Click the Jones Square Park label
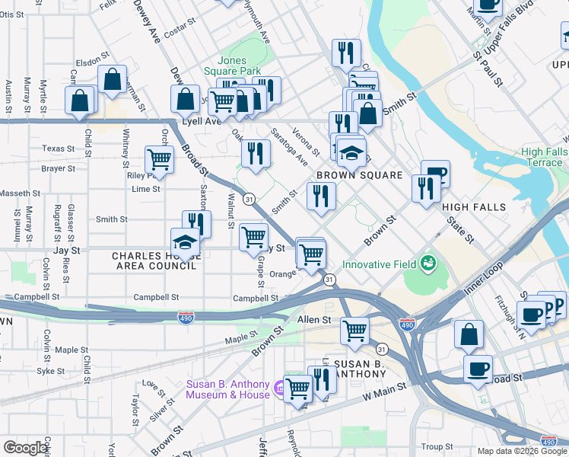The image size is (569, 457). pos(232,66)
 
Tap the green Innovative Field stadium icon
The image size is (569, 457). pos(428,264)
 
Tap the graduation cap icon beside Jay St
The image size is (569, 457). pos(185,242)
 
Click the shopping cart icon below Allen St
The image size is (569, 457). pos(354,330)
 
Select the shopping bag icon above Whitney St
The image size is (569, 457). pos(112,79)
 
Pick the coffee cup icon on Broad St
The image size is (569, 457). pos(478,369)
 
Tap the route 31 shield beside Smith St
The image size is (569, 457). pos(249,199)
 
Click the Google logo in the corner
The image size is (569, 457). pos(25,448)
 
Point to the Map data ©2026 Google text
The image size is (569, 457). pos(521,451)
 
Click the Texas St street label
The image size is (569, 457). pos(58,149)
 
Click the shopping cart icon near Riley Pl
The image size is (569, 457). pos(158,159)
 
